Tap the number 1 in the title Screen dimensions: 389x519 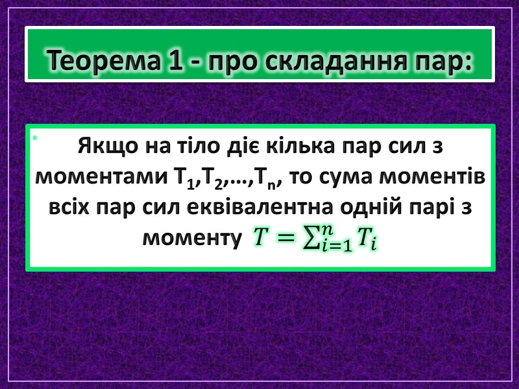click(x=163, y=62)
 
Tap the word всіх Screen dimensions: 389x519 click(x=71, y=208)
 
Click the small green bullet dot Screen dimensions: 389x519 click(x=34, y=137)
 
